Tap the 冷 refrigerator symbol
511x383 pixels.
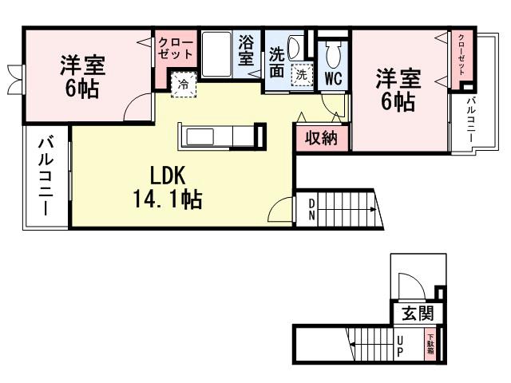pos(184,84)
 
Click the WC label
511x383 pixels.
pos(333,79)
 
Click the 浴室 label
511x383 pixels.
pos(247,49)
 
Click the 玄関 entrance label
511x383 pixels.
pos(416,313)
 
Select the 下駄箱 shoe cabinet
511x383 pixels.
pos(430,345)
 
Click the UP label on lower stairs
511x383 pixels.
pos(401,345)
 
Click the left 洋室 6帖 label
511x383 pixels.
pos(82,76)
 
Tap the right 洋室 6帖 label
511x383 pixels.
pos(397,89)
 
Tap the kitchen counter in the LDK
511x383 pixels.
pos(220,136)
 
